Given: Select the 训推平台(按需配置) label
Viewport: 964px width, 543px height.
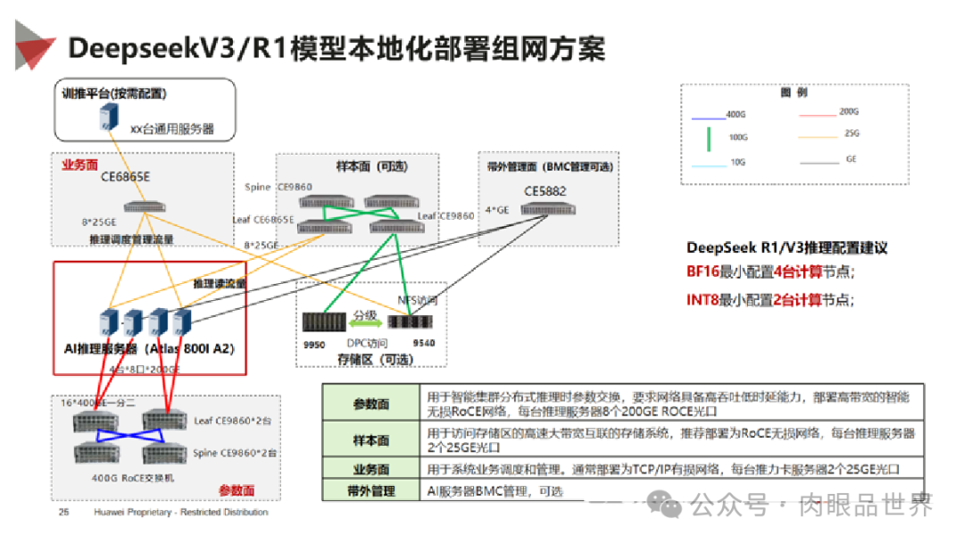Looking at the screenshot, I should pyautogui.click(x=114, y=93).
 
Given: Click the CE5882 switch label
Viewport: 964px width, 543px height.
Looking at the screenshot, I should pyautogui.click(x=545, y=191).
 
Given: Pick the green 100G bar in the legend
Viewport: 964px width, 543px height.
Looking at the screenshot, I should pyautogui.click(x=709, y=138).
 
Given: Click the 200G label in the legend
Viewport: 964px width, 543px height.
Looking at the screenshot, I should pyautogui.click(x=848, y=112).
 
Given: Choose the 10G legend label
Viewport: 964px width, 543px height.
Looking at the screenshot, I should pyautogui.click(x=736, y=162).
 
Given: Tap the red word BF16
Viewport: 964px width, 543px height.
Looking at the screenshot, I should pyautogui.click(x=702, y=271).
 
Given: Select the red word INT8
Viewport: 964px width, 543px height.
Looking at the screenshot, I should pyautogui.click(x=702, y=300).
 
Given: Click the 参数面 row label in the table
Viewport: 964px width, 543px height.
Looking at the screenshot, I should pyautogui.click(x=370, y=404).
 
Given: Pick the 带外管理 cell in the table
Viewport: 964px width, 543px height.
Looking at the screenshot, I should pyautogui.click(x=370, y=490).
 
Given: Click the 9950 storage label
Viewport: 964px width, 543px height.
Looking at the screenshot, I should pyautogui.click(x=314, y=343).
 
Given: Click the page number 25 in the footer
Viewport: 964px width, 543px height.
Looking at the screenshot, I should pyautogui.click(x=63, y=513).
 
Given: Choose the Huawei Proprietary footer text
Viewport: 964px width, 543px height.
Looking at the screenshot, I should pyautogui.click(x=181, y=513).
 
